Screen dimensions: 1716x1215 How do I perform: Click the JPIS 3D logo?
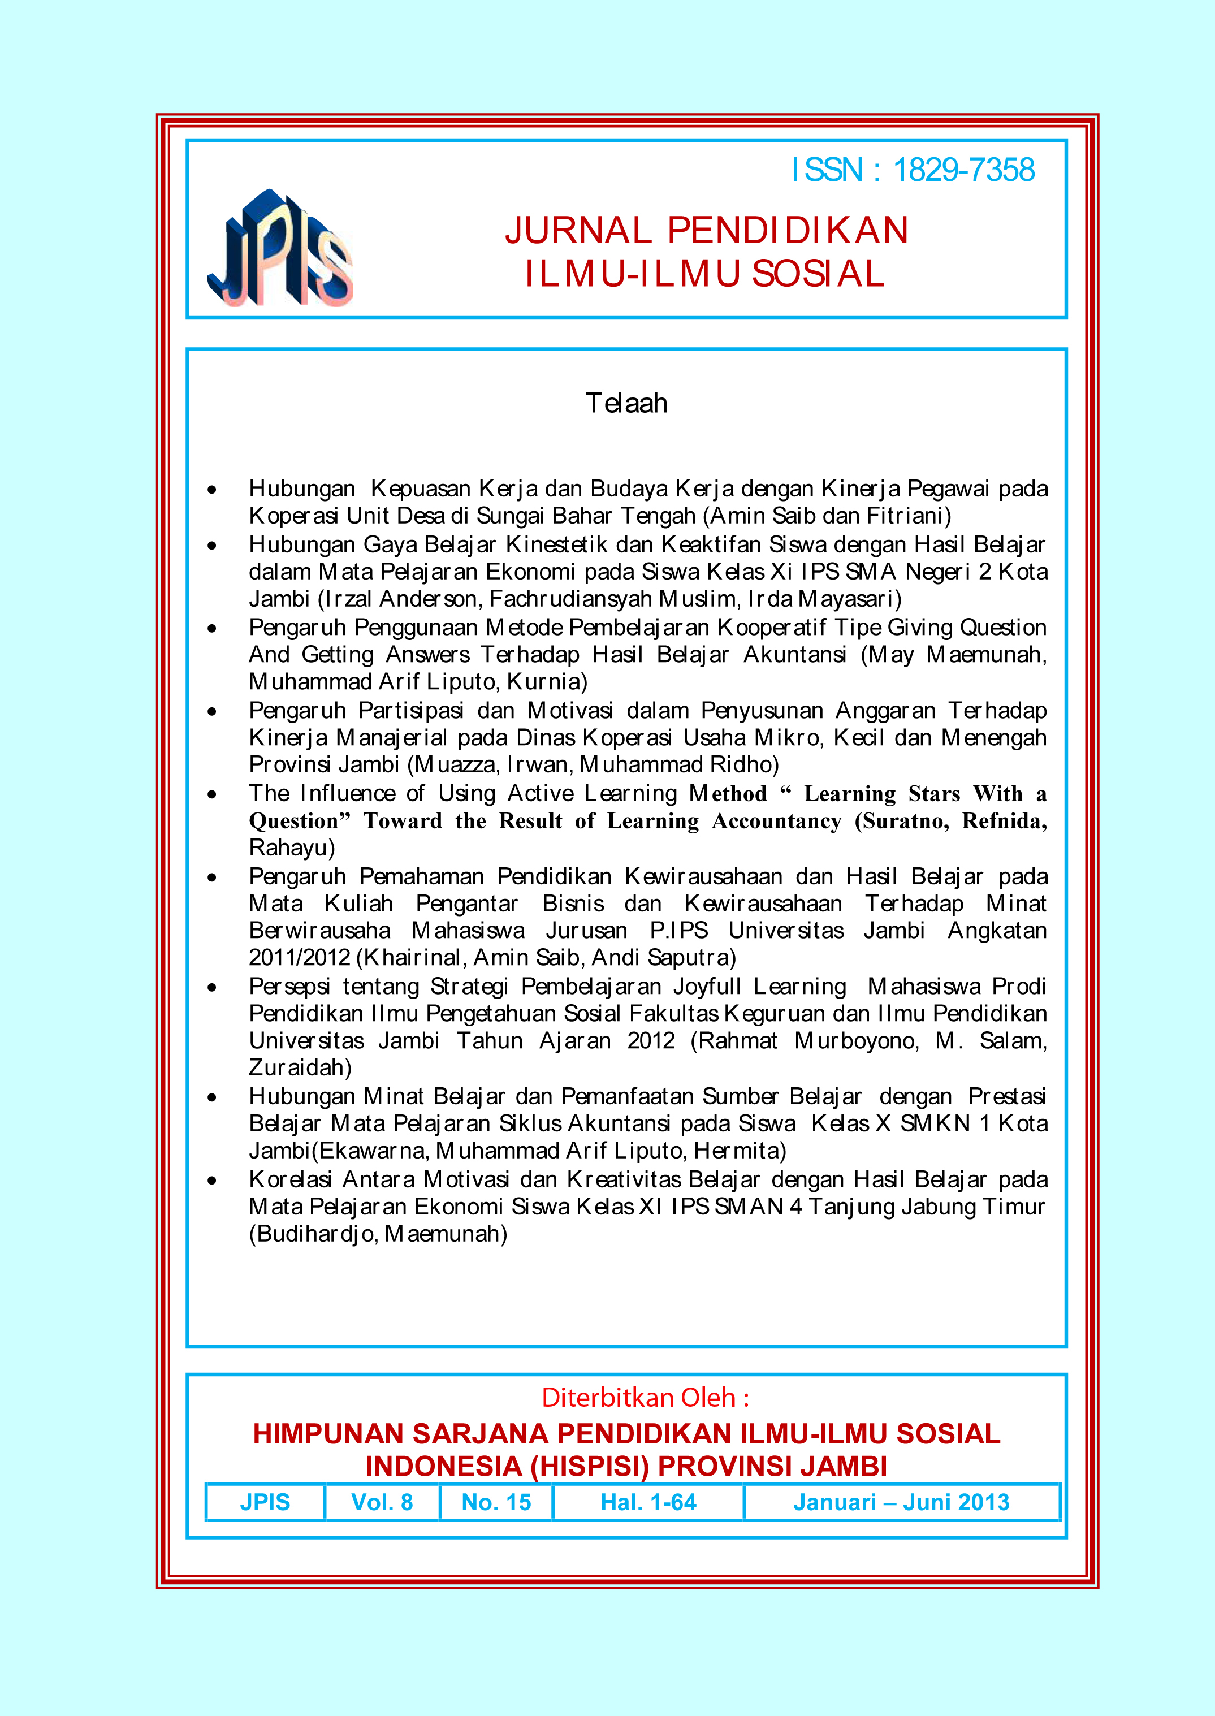tap(280, 249)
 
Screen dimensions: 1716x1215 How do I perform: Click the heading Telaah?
tap(626, 403)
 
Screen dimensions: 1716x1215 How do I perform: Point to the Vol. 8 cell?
tap(382, 1502)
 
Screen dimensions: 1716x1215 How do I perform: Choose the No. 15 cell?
tap(496, 1502)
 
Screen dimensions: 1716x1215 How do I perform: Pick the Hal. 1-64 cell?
tap(648, 1502)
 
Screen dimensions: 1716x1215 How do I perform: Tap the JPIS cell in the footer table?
tap(265, 1502)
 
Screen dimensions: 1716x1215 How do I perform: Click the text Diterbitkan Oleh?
tap(645, 1397)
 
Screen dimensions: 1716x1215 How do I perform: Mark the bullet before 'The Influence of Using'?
tap(213, 794)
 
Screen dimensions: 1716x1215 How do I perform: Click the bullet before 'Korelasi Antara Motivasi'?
tap(213, 1181)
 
